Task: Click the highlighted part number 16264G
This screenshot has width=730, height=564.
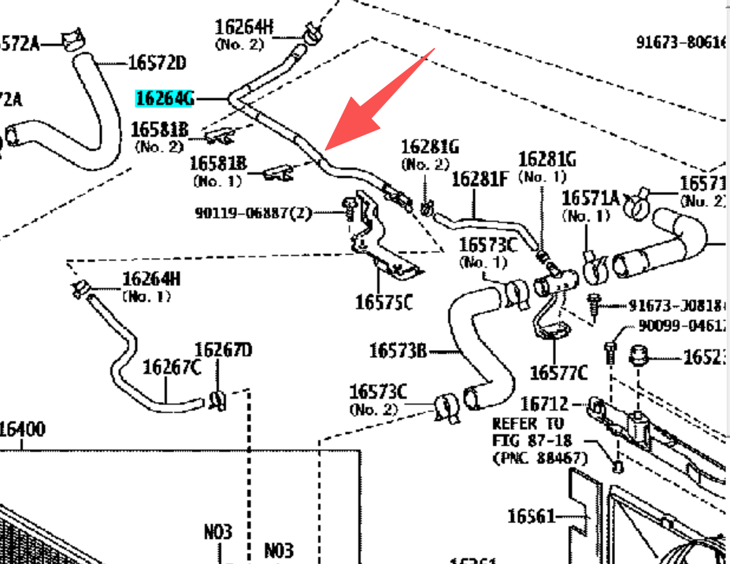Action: point(164,98)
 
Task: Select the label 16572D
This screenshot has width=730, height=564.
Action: point(157,63)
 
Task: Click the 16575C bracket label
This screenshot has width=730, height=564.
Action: point(383,302)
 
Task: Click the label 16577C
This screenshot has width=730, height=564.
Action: point(558,371)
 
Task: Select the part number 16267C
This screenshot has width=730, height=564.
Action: point(172,367)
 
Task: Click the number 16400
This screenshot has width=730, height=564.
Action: point(22,429)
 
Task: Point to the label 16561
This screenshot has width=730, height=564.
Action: point(532,516)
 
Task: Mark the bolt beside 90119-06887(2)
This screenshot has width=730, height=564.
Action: point(346,208)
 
